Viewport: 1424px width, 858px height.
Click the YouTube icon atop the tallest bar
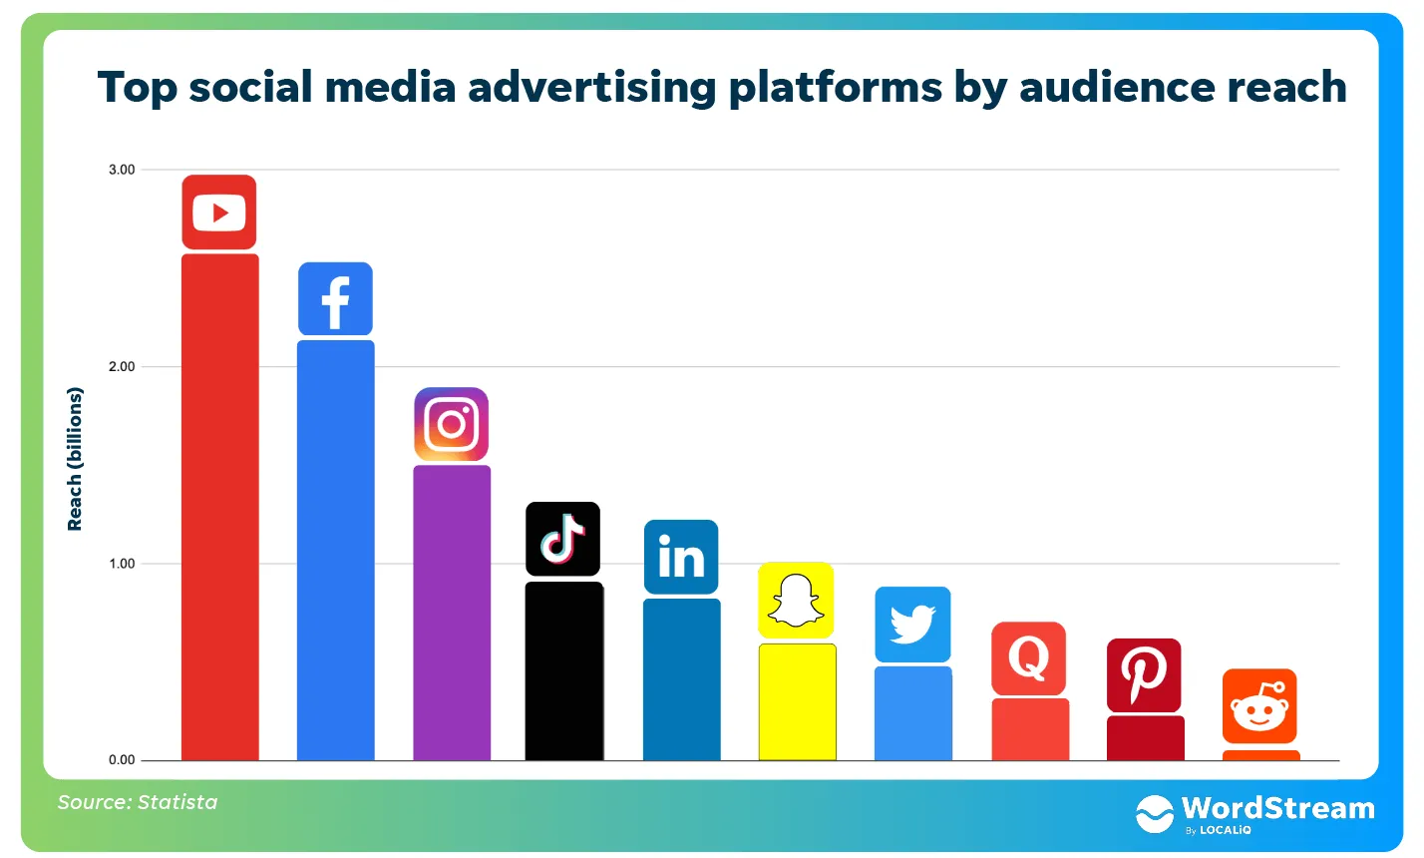pyautogui.click(x=219, y=213)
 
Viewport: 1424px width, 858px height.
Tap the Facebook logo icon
pyautogui.click(x=335, y=299)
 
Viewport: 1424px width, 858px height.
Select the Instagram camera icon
pyautogui.click(x=452, y=424)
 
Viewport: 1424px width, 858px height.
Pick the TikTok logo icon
pyautogui.click(x=563, y=539)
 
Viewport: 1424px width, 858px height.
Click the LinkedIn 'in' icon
pyautogui.click(x=681, y=557)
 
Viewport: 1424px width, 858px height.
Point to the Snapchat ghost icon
pyautogui.click(x=796, y=601)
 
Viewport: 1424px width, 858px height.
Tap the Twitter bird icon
pyautogui.click(x=912, y=625)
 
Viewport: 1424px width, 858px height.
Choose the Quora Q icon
pyautogui.click(x=1028, y=658)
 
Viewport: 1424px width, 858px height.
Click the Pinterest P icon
pyautogui.click(x=1144, y=675)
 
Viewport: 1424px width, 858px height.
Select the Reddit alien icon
pyautogui.click(x=1259, y=706)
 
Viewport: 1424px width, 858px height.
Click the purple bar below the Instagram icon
pyautogui.click(x=452, y=613)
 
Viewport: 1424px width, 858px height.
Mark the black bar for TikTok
pyautogui.click(x=564, y=670)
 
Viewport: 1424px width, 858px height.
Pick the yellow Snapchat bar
pyautogui.click(x=797, y=701)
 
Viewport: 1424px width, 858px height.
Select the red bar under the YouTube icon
pyautogui.click(x=219, y=507)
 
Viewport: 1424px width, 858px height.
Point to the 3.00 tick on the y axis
pyautogui.click(x=122, y=170)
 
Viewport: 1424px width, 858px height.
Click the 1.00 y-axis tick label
pyautogui.click(x=122, y=564)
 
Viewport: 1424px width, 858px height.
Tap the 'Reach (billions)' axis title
pyautogui.click(x=75, y=459)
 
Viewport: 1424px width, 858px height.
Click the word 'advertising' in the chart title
pyautogui.click(x=591, y=88)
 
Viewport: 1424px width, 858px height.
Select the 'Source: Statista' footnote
pyautogui.click(x=138, y=802)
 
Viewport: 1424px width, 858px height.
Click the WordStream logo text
pyautogui.click(x=1277, y=808)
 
